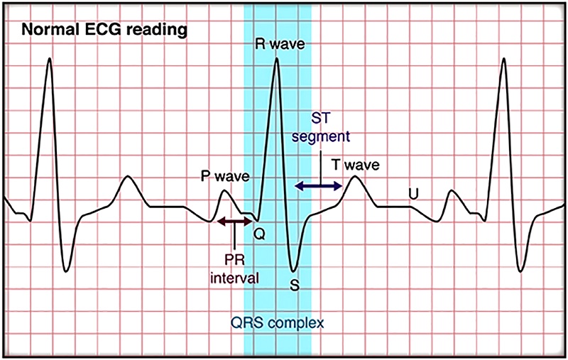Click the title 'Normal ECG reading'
[x=104, y=30]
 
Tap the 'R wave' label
[x=280, y=44]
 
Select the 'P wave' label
[x=225, y=176]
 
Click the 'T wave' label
[x=356, y=165]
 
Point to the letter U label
[x=413, y=195]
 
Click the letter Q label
[x=259, y=234]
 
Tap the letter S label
[x=295, y=285]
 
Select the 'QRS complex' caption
[x=278, y=322]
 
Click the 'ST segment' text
[x=321, y=128]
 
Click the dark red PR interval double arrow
[x=234, y=222]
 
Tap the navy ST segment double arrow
[x=318, y=186]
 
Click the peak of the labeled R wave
[x=276, y=58]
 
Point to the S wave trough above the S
[x=293, y=271]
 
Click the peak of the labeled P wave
[x=224, y=190]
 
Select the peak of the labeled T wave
[x=355, y=176]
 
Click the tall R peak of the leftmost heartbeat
[x=50, y=58]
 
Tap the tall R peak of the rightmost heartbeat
[x=503, y=58]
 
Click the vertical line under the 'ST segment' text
[x=322, y=168]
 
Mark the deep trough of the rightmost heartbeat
[x=520, y=271]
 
